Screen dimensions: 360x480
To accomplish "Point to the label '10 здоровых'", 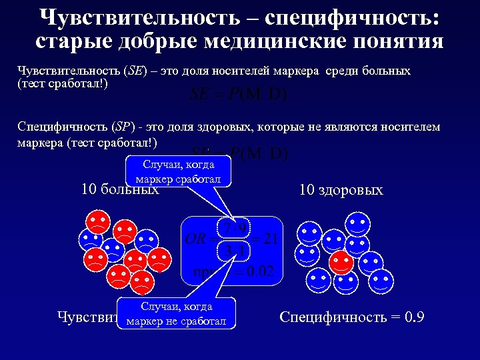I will point(341,190).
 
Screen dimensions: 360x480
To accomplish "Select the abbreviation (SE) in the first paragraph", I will point(136,71).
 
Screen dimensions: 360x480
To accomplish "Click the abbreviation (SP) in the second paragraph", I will point(122,127).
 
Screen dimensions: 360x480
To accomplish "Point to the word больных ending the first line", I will point(381,71).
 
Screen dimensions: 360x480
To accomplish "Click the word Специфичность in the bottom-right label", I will point(329,317).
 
